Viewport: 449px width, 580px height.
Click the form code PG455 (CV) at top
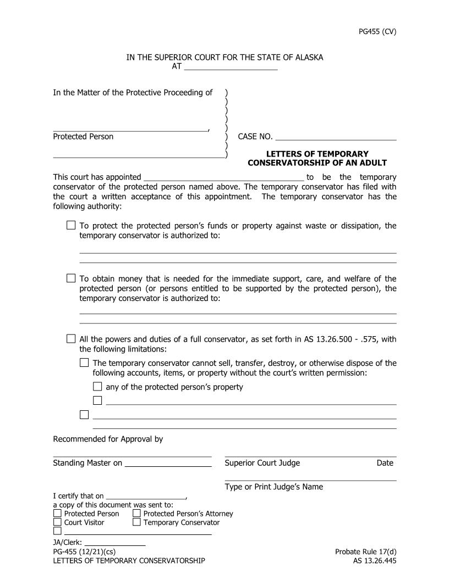point(377,31)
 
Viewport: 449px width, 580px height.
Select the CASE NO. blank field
point(336,137)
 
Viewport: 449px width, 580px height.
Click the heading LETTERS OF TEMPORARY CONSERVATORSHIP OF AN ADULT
point(317,158)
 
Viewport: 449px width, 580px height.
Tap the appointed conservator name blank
point(223,177)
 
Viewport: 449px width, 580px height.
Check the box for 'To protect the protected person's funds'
point(71,225)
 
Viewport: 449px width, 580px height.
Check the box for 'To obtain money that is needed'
point(71,278)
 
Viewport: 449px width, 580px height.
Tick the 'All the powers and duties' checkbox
point(71,339)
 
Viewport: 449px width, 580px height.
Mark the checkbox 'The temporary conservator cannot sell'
point(84,362)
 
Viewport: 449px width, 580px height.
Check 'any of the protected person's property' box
point(97,387)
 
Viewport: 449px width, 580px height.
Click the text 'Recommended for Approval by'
point(108,439)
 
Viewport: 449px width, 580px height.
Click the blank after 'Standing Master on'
point(168,463)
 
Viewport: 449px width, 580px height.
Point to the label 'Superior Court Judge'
point(262,463)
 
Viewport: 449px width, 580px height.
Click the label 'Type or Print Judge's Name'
point(273,487)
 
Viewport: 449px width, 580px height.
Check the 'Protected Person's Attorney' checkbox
point(137,514)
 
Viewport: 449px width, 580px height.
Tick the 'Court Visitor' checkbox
point(58,522)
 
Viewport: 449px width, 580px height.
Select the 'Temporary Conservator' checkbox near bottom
point(137,522)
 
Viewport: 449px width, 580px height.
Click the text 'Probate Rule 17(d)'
point(365,551)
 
